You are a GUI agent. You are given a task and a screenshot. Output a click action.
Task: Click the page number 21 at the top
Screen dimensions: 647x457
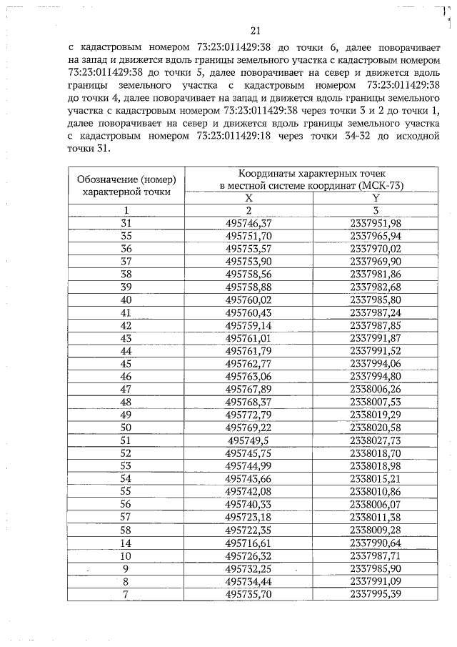point(258,30)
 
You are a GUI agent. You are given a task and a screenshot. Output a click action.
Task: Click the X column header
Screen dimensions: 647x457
point(248,198)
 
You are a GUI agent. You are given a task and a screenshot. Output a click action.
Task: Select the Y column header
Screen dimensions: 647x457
point(376,198)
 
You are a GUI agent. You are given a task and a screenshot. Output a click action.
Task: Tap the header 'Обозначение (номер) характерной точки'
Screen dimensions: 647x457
point(126,184)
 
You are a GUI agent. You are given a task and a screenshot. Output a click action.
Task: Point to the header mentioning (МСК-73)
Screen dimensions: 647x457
point(311,185)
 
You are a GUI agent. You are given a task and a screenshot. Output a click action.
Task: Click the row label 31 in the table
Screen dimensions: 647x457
point(126,223)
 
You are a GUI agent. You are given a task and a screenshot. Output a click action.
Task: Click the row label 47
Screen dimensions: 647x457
point(126,388)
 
